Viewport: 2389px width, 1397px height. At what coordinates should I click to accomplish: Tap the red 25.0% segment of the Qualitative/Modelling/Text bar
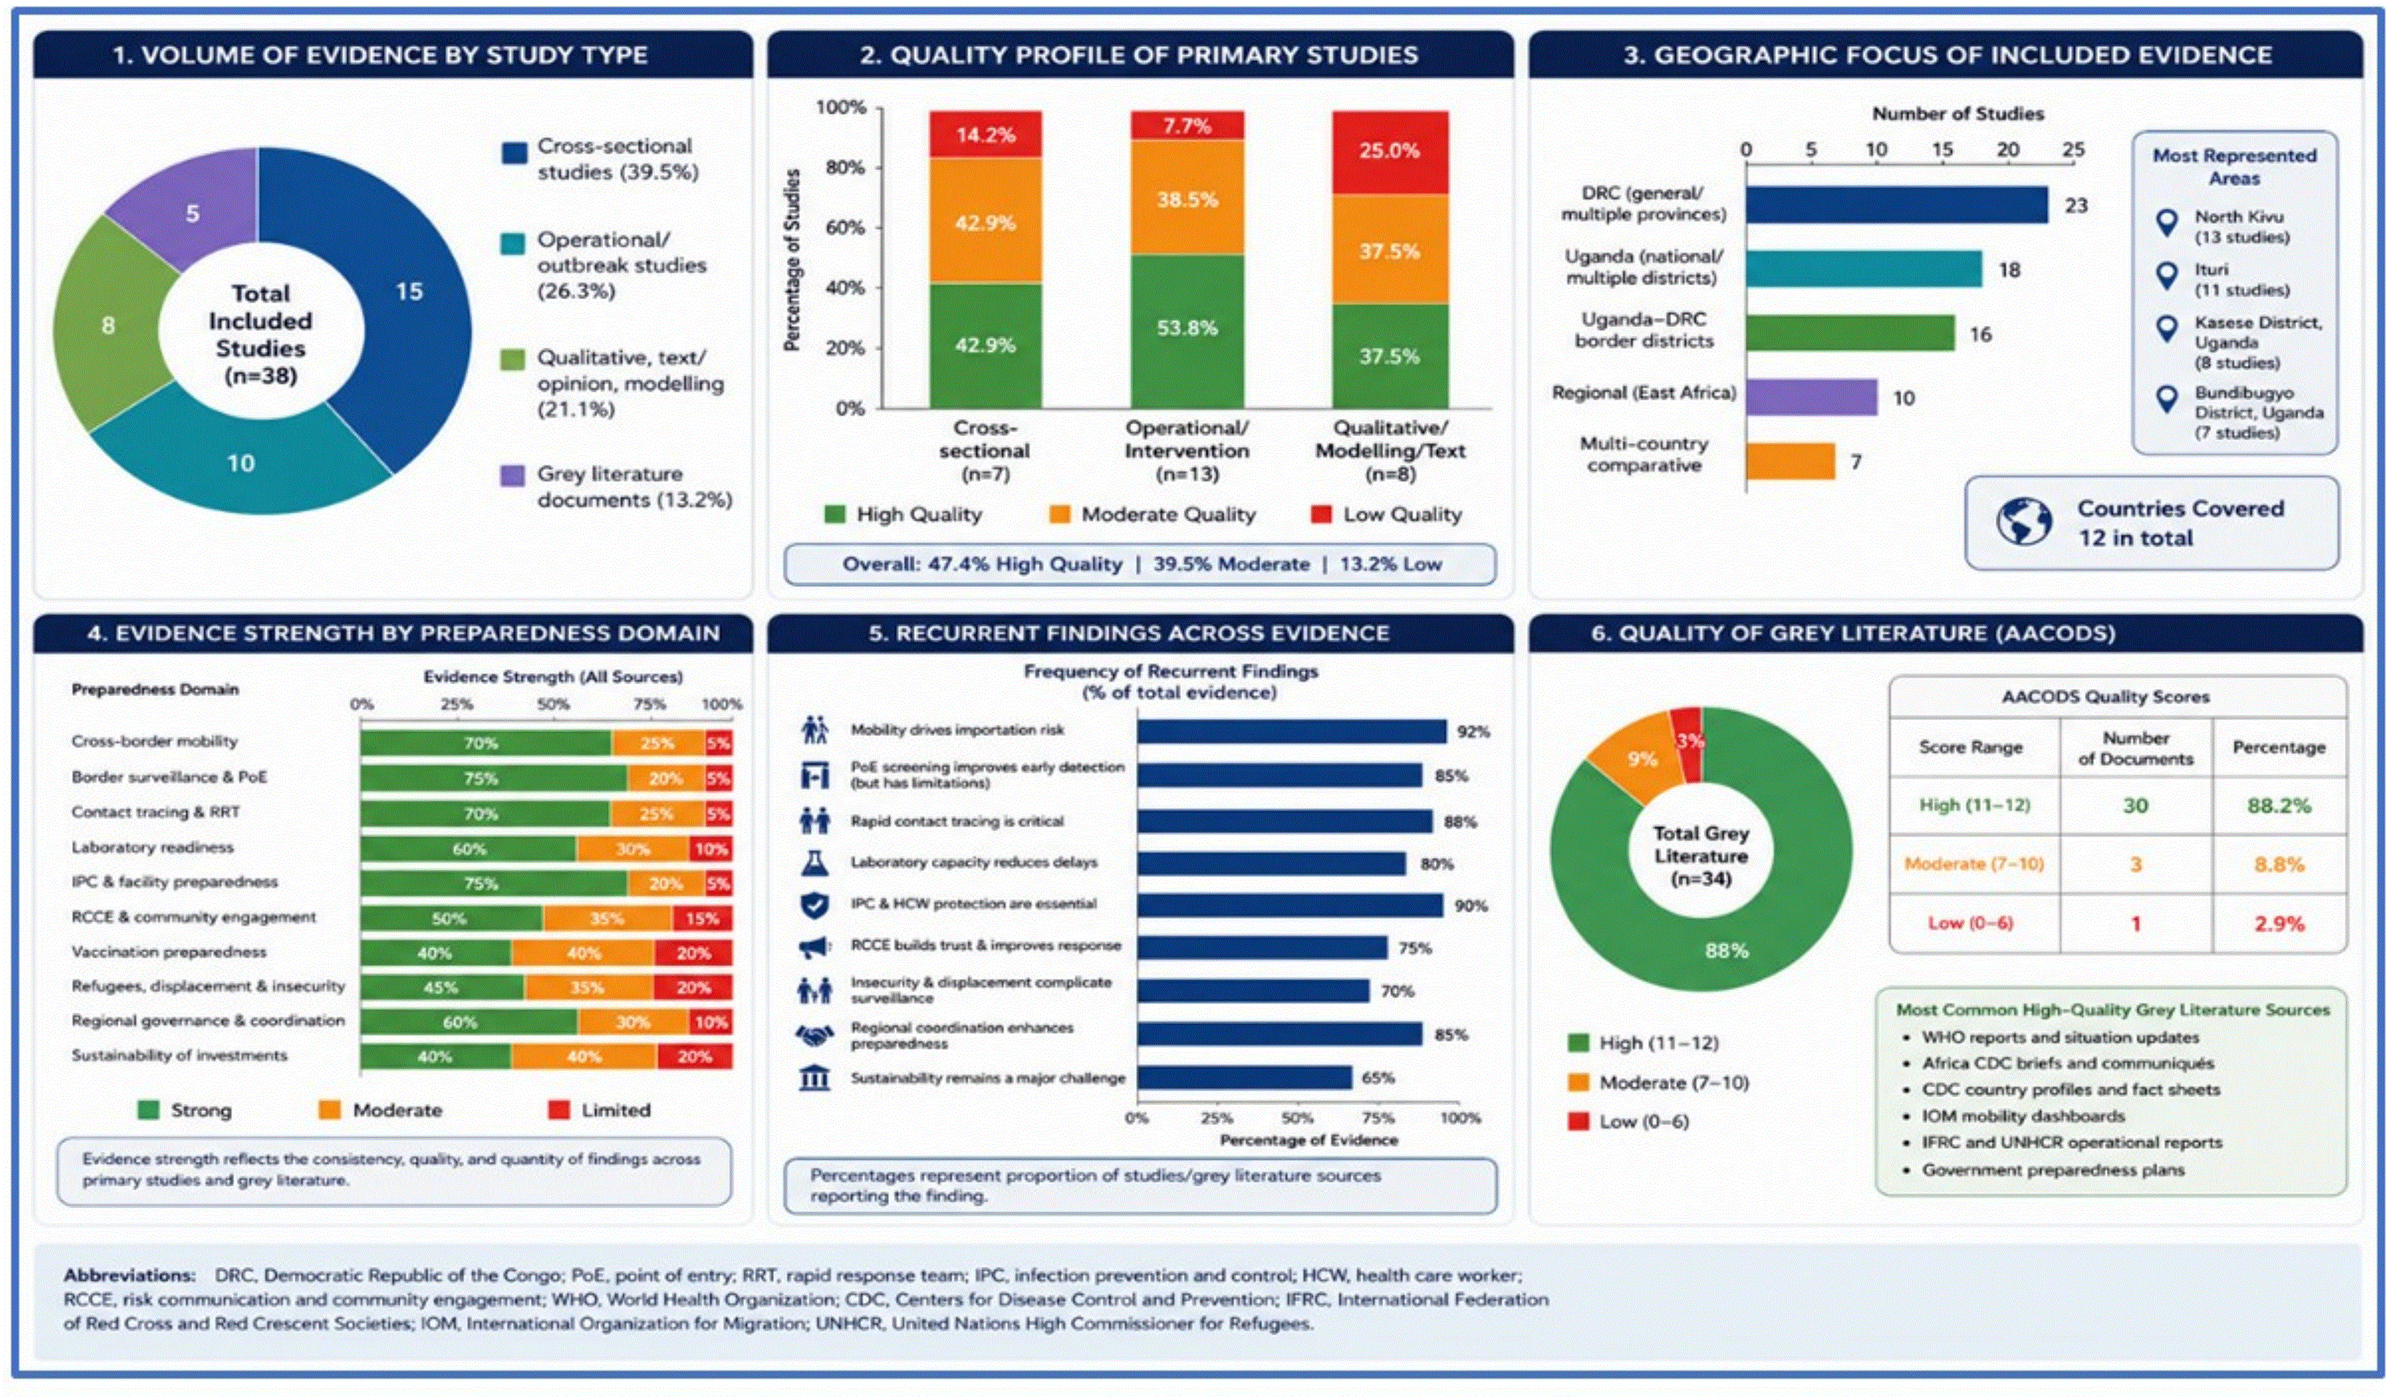tap(1390, 152)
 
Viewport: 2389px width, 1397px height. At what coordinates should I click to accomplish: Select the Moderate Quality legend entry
tap(1153, 515)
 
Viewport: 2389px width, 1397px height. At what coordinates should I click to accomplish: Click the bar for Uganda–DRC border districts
tap(1850, 333)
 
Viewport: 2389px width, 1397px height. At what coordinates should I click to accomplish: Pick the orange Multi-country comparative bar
tap(1791, 461)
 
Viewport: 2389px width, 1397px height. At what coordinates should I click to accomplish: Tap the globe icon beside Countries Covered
tap(2024, 521)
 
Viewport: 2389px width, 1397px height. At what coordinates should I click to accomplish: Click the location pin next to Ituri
tap(2166, 276)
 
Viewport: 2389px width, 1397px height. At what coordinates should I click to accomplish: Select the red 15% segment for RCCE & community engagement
tap(702, 919)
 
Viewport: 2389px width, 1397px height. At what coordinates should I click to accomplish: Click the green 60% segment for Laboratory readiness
tap(469, 849)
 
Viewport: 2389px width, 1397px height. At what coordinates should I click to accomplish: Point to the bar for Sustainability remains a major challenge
tap(1245, 1077)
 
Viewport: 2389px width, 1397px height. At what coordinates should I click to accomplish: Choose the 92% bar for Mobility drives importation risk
tap(1292, 730)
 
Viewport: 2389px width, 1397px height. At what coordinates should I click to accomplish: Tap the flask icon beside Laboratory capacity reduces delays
tap(814, 863)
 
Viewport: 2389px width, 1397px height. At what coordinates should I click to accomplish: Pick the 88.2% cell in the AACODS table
tap(2279, 806)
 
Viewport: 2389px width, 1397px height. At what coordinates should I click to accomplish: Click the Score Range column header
tap(1971, 747)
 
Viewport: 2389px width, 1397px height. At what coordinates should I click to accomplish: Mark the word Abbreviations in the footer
tap(129, 1275)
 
